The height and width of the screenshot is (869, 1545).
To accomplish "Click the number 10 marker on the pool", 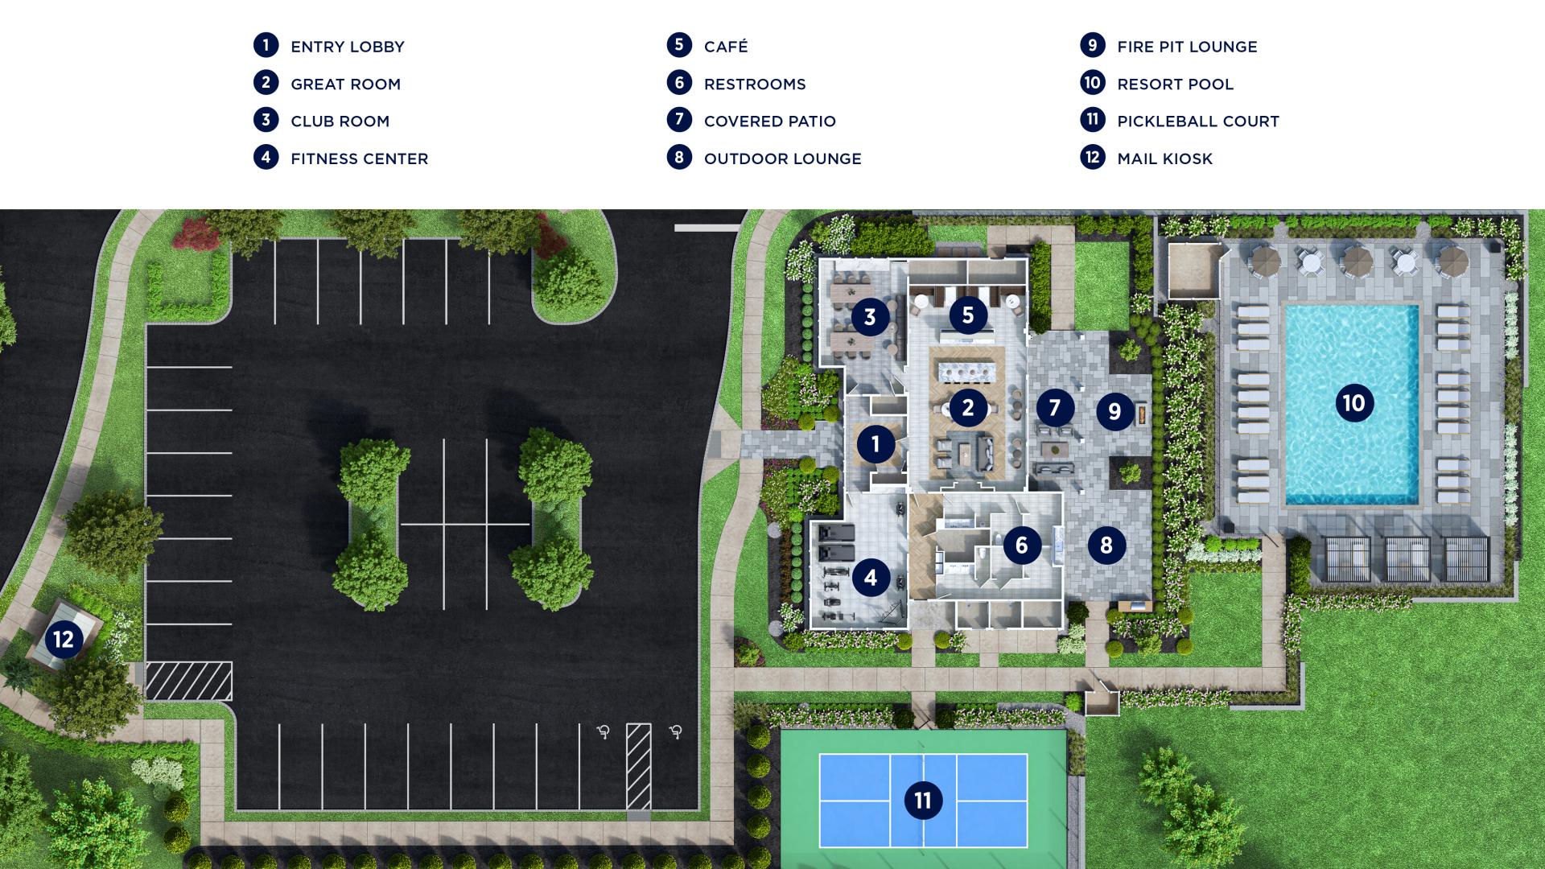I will [1353, 403].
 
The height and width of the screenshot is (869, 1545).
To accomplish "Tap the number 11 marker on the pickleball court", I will [923, 801].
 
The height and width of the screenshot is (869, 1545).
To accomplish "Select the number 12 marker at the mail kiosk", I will [64, 640].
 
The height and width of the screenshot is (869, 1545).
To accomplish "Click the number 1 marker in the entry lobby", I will [875, 443].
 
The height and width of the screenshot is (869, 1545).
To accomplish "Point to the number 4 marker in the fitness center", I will [871, 577].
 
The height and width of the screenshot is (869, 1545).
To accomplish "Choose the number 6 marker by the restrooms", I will [1022, 546].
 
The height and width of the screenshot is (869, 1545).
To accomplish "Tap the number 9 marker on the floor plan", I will [1114, 412].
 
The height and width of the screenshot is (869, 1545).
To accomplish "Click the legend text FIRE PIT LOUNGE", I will [1187, 47].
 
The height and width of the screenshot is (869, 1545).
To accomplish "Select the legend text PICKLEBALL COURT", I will [1197, 121].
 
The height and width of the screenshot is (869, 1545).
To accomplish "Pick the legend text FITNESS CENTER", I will [359, 159].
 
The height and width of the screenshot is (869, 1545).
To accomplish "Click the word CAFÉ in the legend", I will [726, 47].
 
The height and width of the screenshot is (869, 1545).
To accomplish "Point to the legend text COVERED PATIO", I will [769, 121].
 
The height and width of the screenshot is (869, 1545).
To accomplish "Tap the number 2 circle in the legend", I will [266, 83].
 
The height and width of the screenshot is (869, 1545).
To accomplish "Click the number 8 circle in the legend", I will [679, 158].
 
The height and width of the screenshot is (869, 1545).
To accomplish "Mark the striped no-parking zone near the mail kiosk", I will [188, 681].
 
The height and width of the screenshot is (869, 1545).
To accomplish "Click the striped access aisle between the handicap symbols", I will [639, 766].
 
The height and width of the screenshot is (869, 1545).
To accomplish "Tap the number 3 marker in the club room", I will [870, 317].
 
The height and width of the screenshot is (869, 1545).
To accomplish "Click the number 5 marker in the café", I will [968, 315].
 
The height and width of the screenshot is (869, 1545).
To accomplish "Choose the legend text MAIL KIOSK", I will [1164, 159].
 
